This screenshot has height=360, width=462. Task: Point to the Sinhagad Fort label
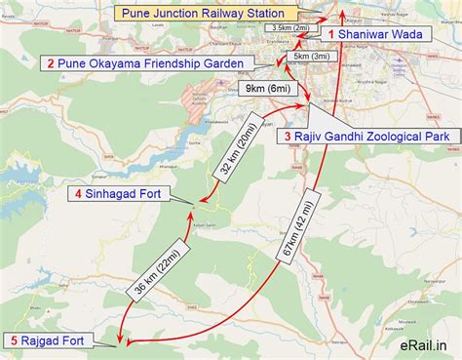123,194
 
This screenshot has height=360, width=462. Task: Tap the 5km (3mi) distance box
316,58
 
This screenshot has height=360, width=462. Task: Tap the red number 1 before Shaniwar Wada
332,34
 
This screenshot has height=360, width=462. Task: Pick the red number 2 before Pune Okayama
50,63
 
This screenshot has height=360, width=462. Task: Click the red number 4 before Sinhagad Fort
77,194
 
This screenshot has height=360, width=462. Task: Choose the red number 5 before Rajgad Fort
14,340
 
